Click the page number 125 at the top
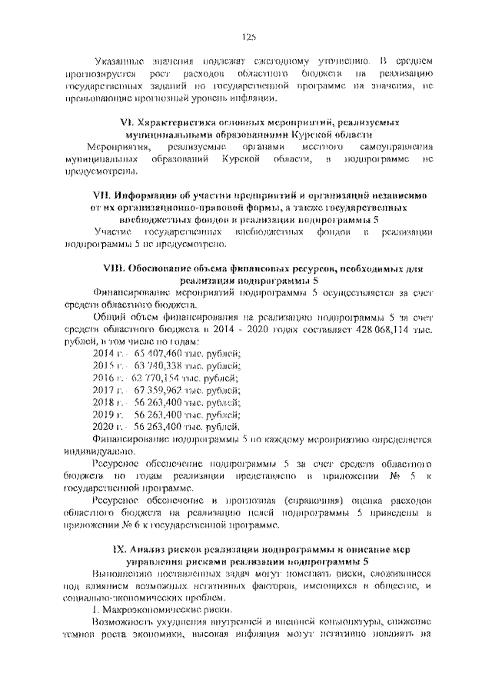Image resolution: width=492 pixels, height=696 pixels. pos(248,36)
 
